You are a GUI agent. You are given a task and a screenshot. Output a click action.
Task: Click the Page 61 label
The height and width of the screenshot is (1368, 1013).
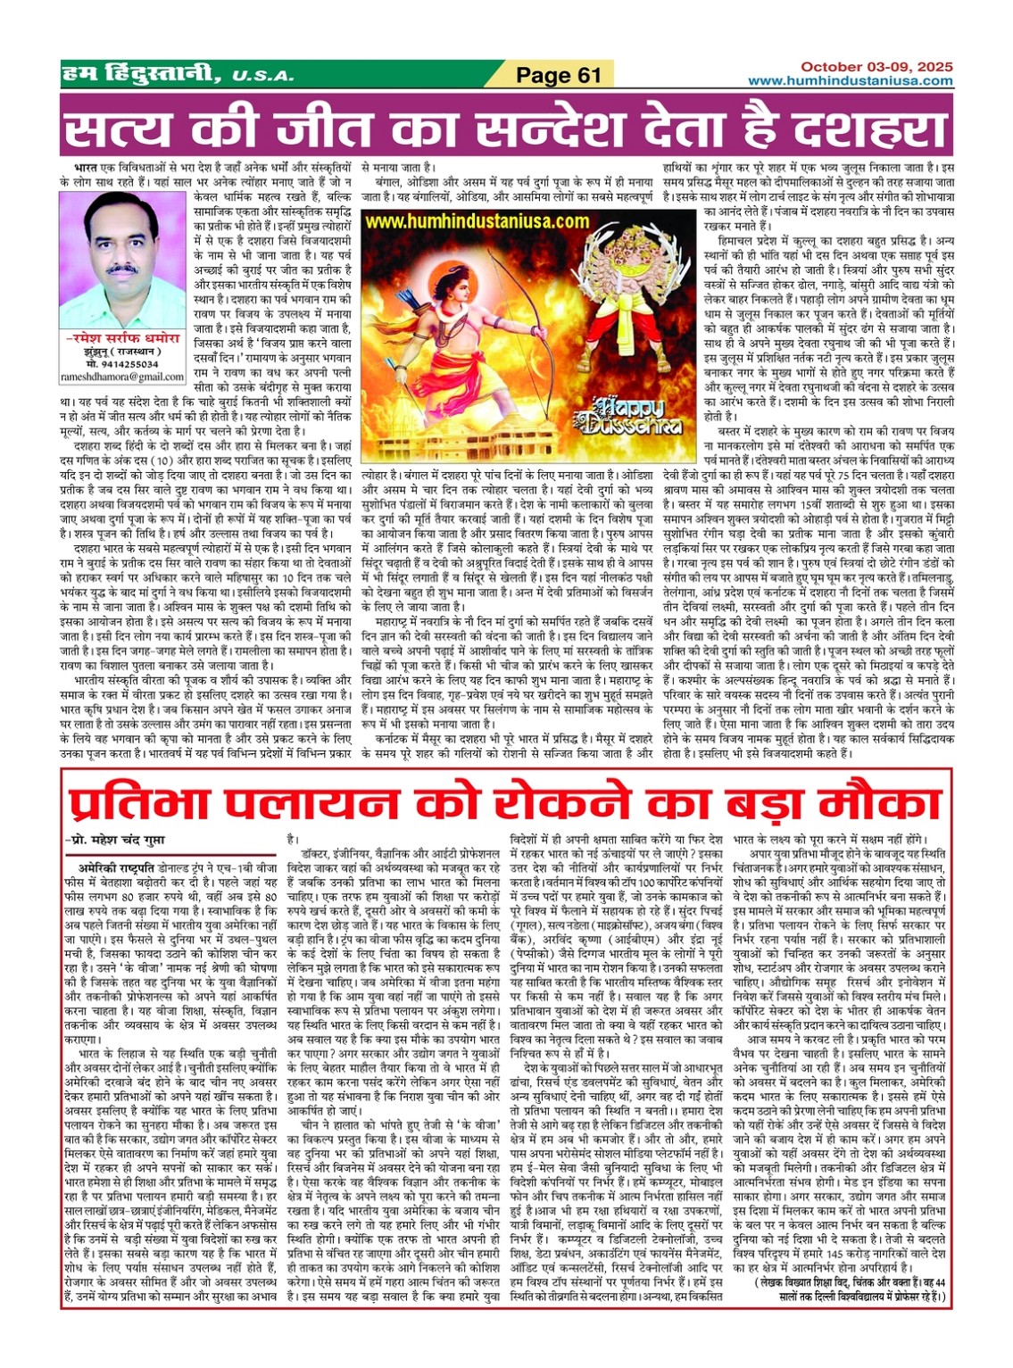[x=559, y=75]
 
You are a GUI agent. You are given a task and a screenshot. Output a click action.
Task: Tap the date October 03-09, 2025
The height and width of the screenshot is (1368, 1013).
[x=876, y=67]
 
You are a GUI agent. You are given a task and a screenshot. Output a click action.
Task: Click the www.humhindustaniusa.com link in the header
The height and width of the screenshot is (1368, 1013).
[x=850, y=81]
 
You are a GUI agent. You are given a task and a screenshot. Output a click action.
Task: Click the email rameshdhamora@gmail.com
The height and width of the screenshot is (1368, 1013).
[x=122, y=377]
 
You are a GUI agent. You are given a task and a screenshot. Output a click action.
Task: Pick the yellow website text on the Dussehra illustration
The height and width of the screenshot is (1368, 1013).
[x=477, y=221]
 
